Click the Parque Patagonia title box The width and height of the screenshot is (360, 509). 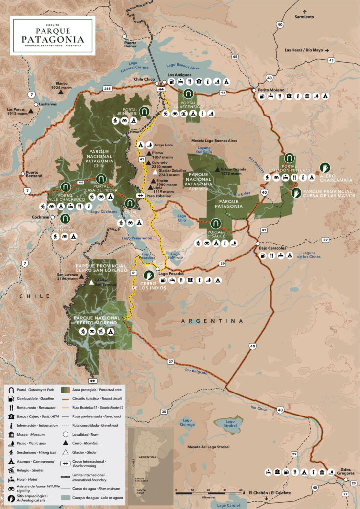tap(53, 35)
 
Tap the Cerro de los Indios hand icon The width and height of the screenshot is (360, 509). tap(148, 275)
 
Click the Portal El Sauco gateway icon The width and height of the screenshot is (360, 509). tap(215, 224)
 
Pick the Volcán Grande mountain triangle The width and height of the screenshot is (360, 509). tap(217, 169)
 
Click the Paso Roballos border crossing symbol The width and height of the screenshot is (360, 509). tap(141, 195)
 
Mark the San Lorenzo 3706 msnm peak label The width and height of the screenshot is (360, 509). tap(68, 277)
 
